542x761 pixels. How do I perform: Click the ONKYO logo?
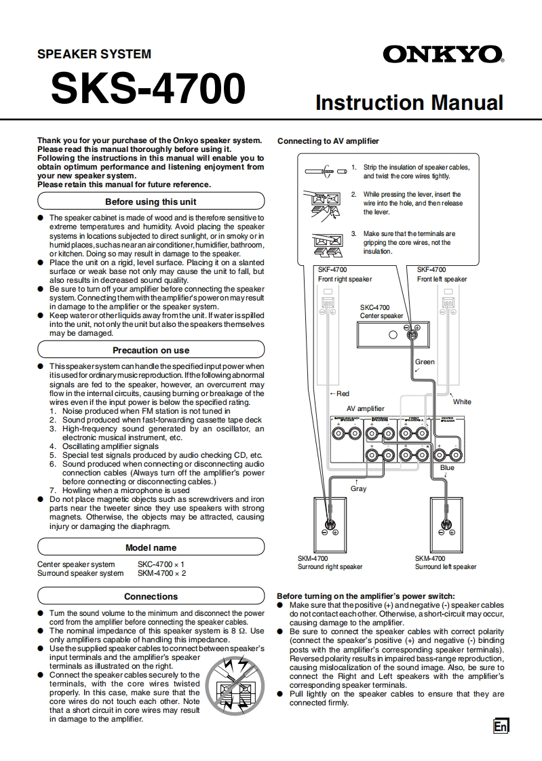point(443,54)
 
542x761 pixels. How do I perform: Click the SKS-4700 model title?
point(148,89)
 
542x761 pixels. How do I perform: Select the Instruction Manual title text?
point(409,102)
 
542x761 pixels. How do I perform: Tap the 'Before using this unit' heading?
point(151,201)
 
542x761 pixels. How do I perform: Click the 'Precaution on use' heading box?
point(151,350)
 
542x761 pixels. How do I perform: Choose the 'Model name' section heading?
point(151,547)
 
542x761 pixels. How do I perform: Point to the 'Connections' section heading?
point(151,596)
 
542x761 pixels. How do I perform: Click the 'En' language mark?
point(501,726)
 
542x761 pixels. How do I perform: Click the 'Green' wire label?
point(425,362)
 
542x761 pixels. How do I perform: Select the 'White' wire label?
point(462,402)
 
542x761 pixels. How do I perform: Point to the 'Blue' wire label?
point(447,468)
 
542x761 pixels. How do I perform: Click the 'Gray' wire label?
point(358,488)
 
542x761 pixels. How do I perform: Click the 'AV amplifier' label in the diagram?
point(365,408)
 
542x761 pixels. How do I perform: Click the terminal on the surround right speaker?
point(329,524)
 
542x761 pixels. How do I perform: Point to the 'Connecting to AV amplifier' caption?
point(328,141)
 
